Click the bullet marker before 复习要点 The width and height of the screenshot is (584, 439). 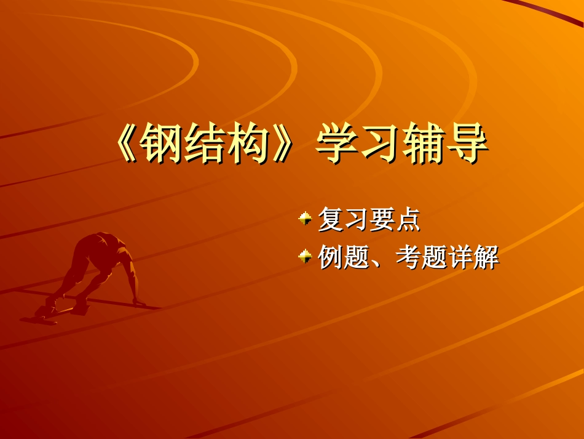305,217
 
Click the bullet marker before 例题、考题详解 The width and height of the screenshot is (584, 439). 305,256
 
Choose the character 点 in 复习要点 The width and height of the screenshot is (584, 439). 408,220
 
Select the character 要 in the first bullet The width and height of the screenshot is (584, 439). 382,220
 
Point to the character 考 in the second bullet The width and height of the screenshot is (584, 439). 408,257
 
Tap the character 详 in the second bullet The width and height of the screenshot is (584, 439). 460,257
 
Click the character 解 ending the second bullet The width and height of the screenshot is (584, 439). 486,257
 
